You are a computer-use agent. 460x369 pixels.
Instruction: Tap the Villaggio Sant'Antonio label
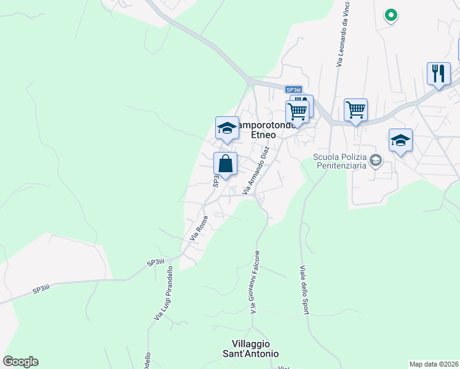tap(255, 349)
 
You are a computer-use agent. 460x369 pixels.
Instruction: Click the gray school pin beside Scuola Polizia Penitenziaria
tap(376, 161)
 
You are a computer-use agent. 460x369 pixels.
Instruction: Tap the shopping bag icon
tap(226, 164)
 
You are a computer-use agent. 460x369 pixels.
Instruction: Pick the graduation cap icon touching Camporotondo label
tap(227, 129)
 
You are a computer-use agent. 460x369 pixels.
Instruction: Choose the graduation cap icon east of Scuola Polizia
tap(400, 140)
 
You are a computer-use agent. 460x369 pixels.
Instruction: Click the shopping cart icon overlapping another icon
tap(296, 113)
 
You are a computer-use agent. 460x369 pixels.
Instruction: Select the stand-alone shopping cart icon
tap(355, 110)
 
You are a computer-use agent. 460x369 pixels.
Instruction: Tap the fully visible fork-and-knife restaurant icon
tap(438, 74)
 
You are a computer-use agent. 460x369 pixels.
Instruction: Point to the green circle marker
tap(391, 14)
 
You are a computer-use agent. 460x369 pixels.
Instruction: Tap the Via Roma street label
tap(198, 228)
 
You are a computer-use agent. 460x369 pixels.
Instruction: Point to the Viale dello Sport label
tap(303, 289)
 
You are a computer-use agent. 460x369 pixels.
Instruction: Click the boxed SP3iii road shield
tap(294, 90)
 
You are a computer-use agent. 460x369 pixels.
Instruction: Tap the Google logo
tap(20, 362)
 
